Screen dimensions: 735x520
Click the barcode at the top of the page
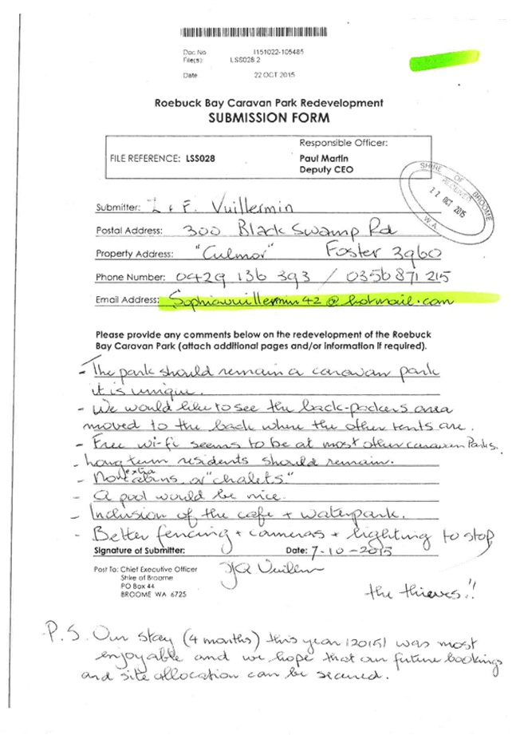pyautogui.click(x=241, y=33)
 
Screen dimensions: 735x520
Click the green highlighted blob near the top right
pyautogui.click(x=443, y=60)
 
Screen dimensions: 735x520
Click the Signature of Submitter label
pyautogui.click(x=140, y=551)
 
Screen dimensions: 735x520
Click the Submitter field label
pyautogui.click(x=117, y=207)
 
